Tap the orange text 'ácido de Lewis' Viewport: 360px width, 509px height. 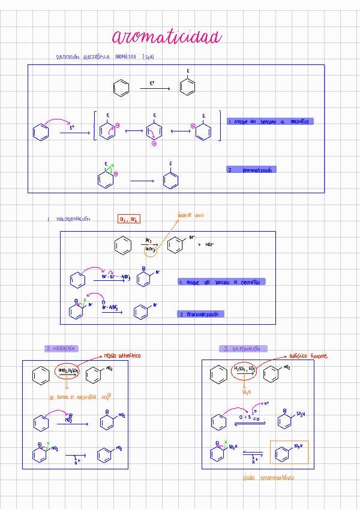tap(191, 215)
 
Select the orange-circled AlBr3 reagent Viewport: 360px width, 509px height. tap(151, 250)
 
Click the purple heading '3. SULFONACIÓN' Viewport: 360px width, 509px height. tap(243, 349)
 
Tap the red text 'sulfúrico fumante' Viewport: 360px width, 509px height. tap(308, 356)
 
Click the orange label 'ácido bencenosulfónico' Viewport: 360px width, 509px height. tap(269, 478)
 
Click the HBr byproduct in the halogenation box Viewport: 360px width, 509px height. tap(209, 245)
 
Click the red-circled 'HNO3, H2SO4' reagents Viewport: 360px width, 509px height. tap(67, 372)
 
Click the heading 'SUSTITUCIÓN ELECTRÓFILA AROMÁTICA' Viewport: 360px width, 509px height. tap(104, 57)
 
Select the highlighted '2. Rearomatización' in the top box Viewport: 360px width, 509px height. tap(251, 170)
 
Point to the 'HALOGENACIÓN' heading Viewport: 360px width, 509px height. tap(73, 220)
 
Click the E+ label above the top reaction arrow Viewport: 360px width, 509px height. tap(152, 83)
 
